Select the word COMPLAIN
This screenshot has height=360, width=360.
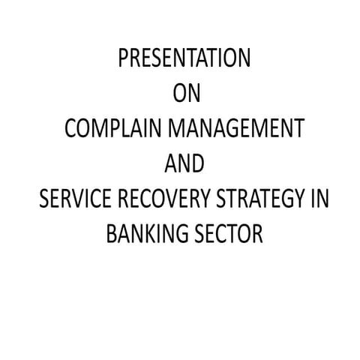tap(109, 130)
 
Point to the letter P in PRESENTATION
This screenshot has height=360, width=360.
tap(124, 59)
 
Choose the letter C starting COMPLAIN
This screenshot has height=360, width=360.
tap(71, 130)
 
